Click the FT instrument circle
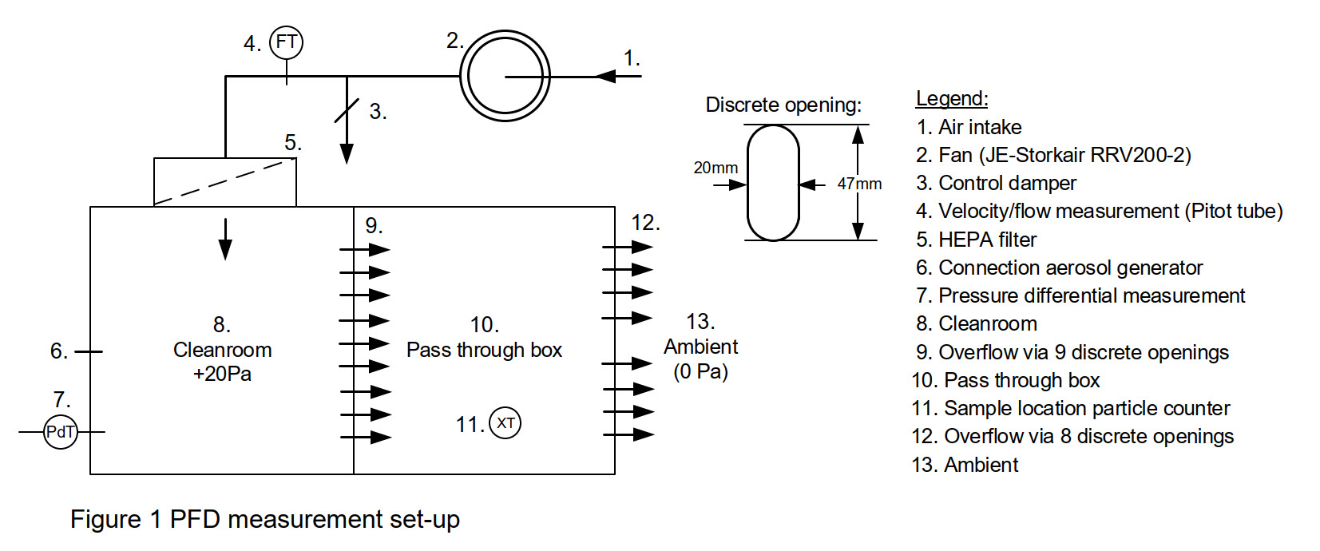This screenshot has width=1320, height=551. tap(286, 42)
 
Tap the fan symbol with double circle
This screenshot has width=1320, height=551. tap(505, 77)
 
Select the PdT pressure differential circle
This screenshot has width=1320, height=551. tap(61, 432)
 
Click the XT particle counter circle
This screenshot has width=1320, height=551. tap(505, 423)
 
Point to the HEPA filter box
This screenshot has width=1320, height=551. tap(224, 182)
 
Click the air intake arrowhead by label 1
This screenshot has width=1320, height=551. tap(607, 77)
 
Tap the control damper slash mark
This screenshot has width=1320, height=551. tap(347, 109)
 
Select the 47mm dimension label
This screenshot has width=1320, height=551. tap(859, 184)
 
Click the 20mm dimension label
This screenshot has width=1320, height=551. tap(715, 168)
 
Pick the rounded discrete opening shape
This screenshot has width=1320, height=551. tap(773, 183)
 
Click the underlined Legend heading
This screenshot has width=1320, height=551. tap(951, 98)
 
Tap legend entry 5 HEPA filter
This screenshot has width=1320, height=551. tap(976, 240)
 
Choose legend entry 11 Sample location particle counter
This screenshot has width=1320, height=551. tap(1070, 408)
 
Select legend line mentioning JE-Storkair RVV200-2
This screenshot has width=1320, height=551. tap(1052, 155)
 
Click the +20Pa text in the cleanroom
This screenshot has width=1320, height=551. tap(222, 374)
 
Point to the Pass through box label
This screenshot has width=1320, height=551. tap(484, 350)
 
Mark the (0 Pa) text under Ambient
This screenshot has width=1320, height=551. tap(700, 371)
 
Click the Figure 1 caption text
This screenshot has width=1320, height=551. tap(264, 519)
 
